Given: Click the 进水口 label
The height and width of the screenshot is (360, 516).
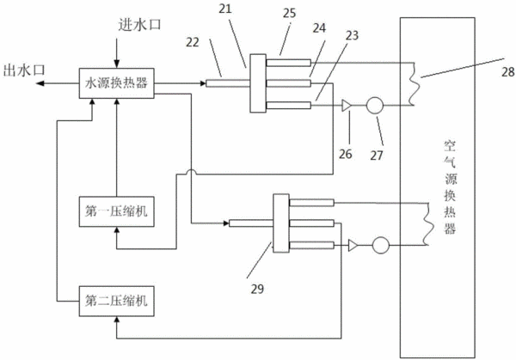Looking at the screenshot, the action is click(x=140, y=25).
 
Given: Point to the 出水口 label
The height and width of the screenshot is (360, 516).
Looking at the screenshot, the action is click(x=24, y=70).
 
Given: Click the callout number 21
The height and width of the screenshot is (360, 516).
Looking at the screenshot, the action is click(x=225, y=9).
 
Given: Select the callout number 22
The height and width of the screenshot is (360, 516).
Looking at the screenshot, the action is click(x=193, y=42).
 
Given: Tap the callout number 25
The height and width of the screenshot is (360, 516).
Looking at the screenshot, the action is click(x=289, y=13).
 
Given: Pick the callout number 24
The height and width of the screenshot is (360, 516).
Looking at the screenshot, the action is click(x=319, y=28).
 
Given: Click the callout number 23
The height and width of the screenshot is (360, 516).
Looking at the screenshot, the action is click(x=352, y=35).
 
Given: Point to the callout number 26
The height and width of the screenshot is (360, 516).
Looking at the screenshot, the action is click(x=346, y=154).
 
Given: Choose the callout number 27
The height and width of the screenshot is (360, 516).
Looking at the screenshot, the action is click(x=377, y=156).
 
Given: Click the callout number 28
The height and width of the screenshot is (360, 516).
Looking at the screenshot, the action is click(x=507, y=72).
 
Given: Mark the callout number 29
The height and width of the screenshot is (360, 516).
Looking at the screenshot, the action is click(x=257, y=289).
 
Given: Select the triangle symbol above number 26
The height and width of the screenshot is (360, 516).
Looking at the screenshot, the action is click(x=347, y=106).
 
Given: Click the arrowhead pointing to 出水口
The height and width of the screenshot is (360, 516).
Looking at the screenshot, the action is click(x=40, y=83).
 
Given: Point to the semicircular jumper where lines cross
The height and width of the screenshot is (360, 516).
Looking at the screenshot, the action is click(x=191, y=171).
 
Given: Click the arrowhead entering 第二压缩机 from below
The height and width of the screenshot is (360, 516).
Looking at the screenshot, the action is click(x=116, y=320).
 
